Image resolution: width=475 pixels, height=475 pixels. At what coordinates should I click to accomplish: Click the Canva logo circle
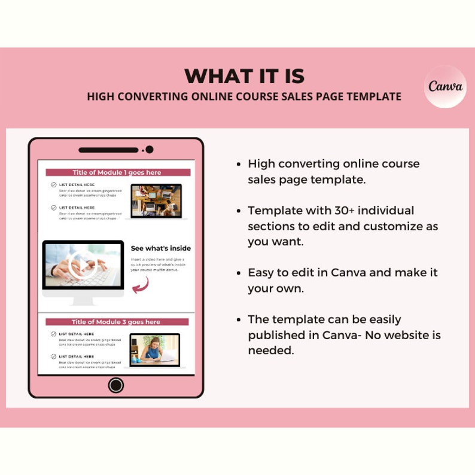(445, 86)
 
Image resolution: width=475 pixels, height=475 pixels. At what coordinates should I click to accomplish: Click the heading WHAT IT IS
(244, 77)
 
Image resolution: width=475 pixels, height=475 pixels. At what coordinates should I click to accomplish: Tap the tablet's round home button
(116, 385)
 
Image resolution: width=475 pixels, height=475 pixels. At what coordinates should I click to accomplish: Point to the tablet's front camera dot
(150, 150)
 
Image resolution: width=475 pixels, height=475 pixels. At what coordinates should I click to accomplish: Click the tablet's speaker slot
(108, 150)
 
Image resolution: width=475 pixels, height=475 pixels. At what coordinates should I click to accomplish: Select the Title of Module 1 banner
(117, 172)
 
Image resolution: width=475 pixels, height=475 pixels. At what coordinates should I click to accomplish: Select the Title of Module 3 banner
(116, 322)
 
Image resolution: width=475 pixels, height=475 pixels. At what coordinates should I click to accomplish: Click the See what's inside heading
(161, 248)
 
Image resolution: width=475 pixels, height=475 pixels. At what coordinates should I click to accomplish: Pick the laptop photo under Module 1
(156, 201)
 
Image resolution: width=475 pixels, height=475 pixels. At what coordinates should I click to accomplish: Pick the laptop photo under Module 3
(154, 349)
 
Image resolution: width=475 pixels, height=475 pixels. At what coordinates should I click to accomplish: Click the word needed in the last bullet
(271, 351)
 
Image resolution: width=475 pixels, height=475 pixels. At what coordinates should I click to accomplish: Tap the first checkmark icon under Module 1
(54, 185)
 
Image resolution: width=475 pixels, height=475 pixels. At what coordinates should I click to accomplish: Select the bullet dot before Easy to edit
(239, 273)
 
